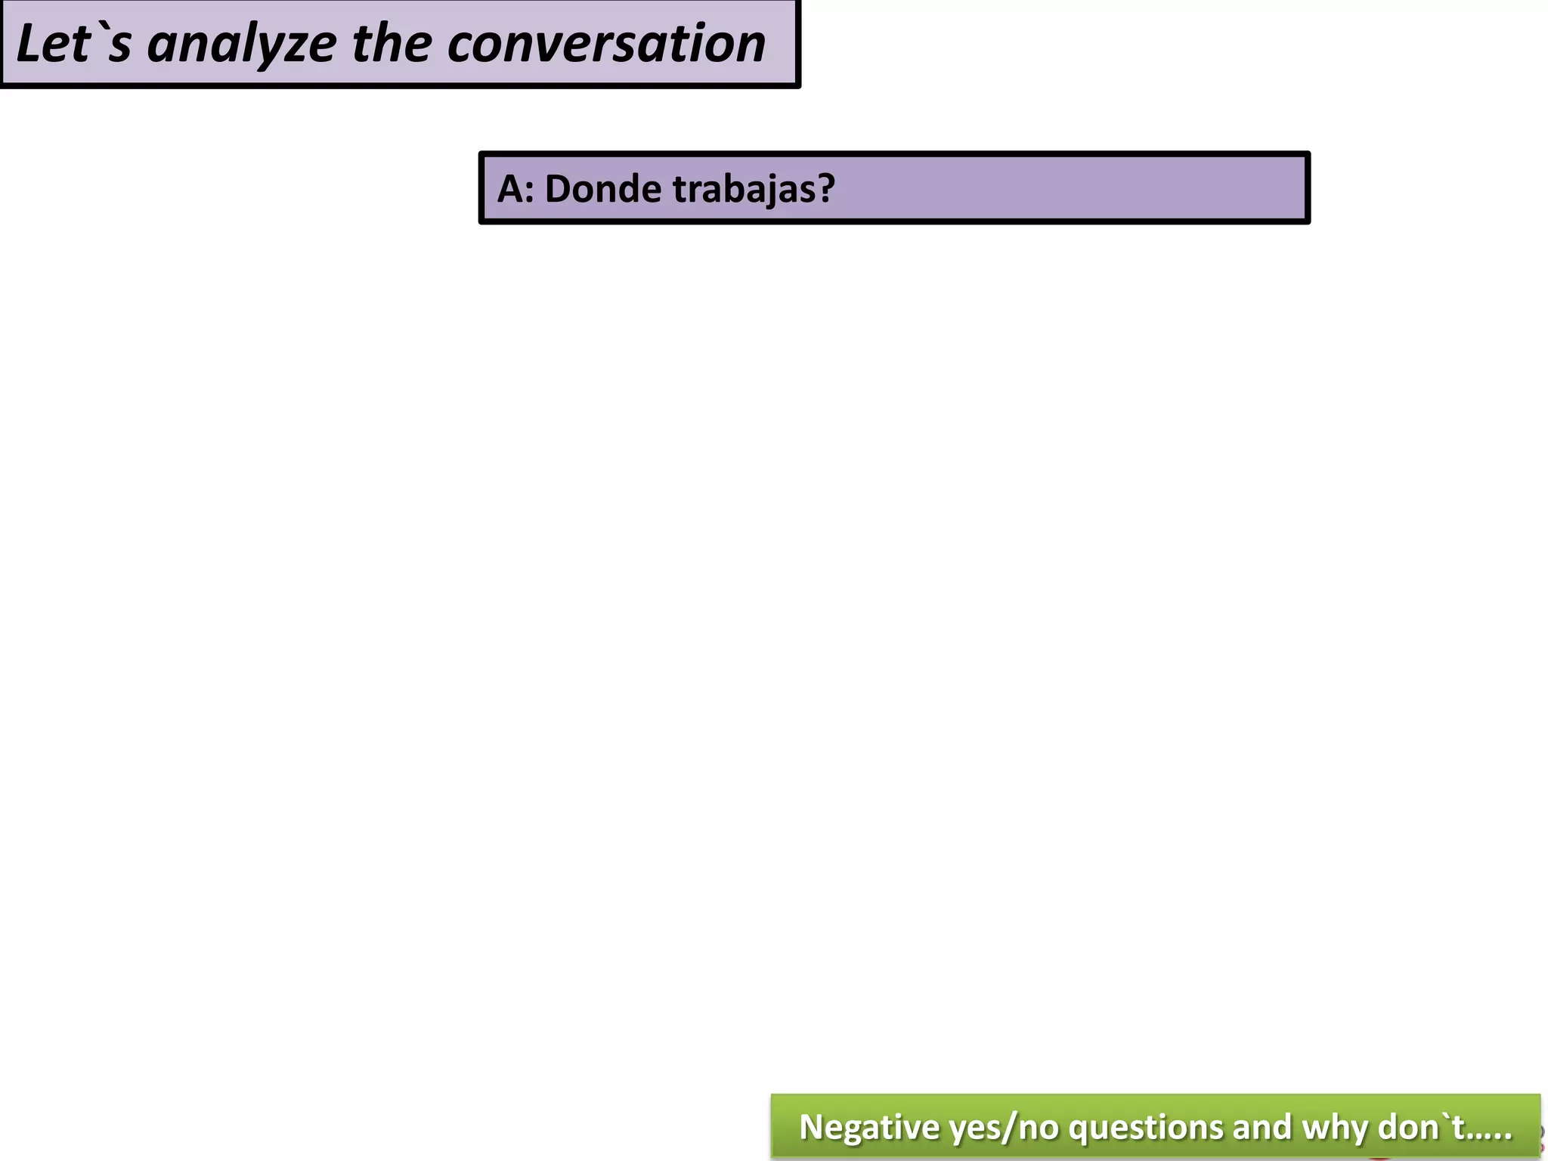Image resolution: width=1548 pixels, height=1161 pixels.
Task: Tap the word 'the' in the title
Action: coord(392,44)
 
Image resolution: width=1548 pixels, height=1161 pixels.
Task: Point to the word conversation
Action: coord(606,44)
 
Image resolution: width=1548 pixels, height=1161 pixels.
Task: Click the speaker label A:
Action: coord(515,188)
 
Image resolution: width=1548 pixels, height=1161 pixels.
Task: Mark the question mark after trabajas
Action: coord(826,188)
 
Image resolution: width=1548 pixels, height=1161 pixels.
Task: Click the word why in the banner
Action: coord(1336,1128)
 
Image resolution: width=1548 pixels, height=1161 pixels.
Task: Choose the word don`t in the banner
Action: coord(1422,1127)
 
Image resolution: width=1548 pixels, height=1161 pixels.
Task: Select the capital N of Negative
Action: coord(810,1127)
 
